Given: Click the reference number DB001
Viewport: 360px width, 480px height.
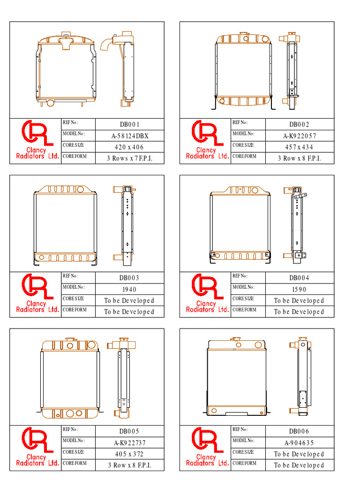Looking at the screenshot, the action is coord(129,124).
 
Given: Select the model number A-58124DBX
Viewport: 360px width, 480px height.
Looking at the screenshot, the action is coord(130,136).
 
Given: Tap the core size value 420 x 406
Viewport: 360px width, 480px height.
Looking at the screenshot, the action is coord(129,147).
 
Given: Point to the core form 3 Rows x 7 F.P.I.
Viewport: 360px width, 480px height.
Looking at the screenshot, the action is coord(129,158).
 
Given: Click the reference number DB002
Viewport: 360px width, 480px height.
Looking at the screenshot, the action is coord(300,124).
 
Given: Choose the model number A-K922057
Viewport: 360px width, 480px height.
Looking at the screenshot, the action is coord(300,136).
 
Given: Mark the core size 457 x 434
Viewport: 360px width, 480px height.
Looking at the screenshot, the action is coord(299,147).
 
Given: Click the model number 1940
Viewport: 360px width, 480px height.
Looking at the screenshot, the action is coord(129,289).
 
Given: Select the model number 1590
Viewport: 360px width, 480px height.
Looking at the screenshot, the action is coord(299,289).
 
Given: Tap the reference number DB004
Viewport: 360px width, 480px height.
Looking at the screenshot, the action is coord(300,277).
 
